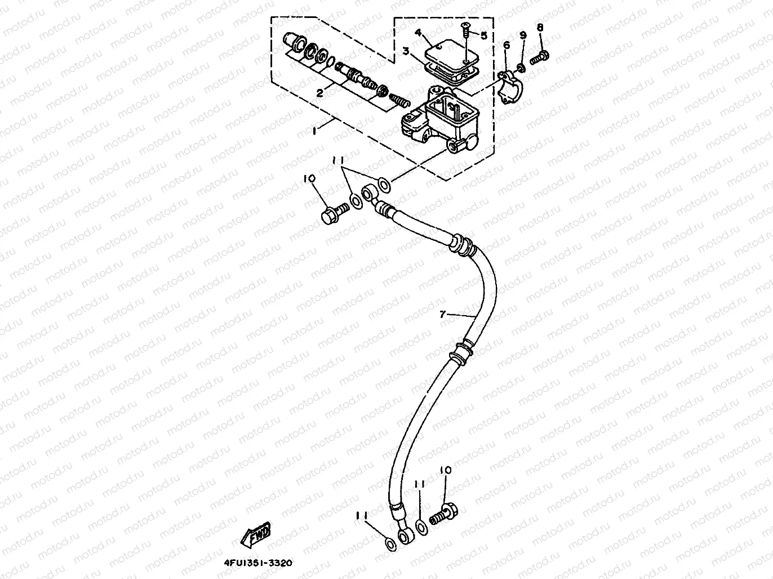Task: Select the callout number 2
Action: [x=319, y=93]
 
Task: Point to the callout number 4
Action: [x=418, y=33]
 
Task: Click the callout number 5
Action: [x=483, y=35]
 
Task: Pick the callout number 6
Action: [x=506, y=45]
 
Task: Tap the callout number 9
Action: [x=522, y=35]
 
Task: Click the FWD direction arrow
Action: [x=256, y=536]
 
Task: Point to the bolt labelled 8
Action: [x=542, y=55]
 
